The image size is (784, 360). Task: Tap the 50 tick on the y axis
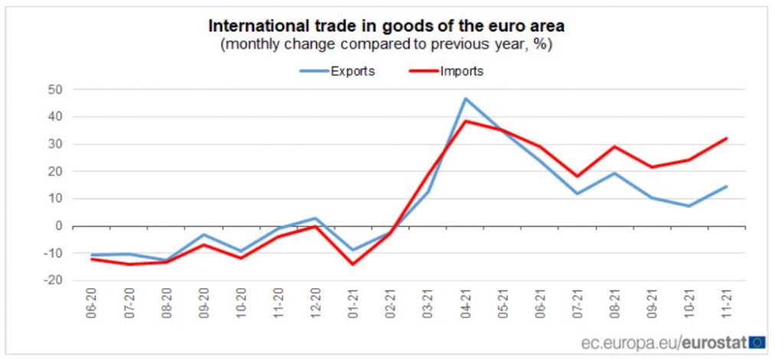55,90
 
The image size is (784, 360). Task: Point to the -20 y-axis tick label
53,280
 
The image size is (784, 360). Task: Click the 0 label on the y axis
58,226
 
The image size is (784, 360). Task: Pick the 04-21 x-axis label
465,306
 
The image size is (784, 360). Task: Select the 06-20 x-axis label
93,306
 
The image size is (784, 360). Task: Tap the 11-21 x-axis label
725,306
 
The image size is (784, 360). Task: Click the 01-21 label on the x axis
353,306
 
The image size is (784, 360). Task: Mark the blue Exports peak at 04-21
465,99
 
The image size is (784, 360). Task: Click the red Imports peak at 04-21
465,121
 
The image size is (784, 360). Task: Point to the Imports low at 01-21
353,264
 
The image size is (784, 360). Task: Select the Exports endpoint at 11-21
725,186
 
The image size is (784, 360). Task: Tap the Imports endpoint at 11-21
725,139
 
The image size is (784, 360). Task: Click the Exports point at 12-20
315,218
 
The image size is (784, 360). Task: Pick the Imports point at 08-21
613,146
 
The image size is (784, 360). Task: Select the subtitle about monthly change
386,44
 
